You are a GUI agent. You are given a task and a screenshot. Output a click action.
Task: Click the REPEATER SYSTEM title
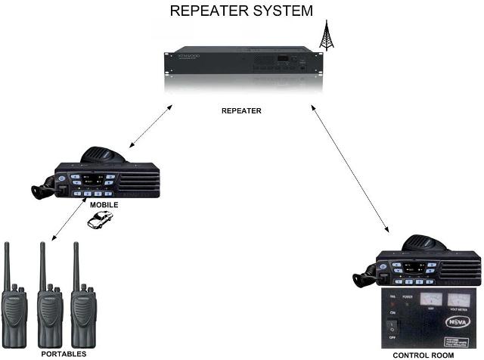(x=241, y=11)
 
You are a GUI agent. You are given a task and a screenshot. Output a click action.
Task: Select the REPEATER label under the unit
(x=241, y=110)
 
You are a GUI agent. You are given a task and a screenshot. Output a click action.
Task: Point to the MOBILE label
(x=104, y=205)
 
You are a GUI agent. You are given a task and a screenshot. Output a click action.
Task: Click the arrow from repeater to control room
(x=349, y=166)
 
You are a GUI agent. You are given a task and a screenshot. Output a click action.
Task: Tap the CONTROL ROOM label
(x=423, y=355)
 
